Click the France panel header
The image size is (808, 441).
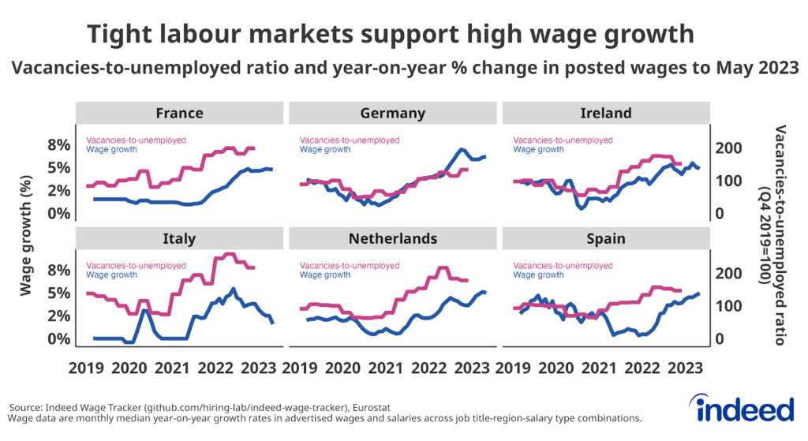[179, 113]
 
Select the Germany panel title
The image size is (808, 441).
[392, 113]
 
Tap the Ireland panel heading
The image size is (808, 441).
[606, 113]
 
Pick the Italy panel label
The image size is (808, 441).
[179, 238]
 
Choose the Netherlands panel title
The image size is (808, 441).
[392, 238]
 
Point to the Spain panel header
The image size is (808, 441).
[606, 238]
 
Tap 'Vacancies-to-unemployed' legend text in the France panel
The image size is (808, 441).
[136, 140]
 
